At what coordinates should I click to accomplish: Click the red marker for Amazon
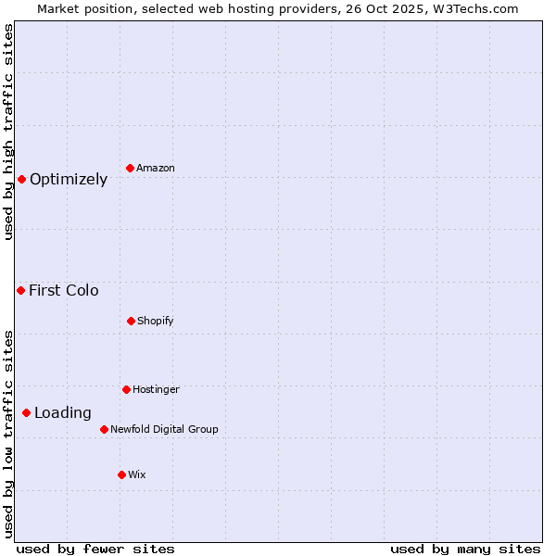coord(131,168)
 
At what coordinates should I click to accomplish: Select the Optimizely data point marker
coord(21,179)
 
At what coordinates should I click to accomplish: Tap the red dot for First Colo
coord(20,290)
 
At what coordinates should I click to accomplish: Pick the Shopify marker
coord(131,321)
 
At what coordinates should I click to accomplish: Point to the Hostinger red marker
coord(126,389)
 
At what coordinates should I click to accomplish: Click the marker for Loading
coord(26,412)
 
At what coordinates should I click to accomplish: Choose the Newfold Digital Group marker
coord(104,429)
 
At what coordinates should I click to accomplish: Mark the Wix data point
coord(121,474)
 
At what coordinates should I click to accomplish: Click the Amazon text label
coord(156,168)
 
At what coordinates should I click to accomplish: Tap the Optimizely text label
coord(69,180)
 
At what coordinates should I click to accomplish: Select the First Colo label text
coord(64,291)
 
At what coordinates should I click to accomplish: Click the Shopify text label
coord(156,321)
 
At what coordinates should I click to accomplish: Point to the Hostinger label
coord(156,389)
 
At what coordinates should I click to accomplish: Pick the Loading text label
coord(63,413)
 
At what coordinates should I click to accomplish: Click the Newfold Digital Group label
coord(164,429)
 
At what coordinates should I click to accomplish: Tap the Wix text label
coord(137,474)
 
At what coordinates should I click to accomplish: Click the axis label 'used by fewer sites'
coord(95,549)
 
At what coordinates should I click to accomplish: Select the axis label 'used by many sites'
coord(465,549)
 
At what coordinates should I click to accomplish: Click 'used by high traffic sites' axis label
coord(8,132)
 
